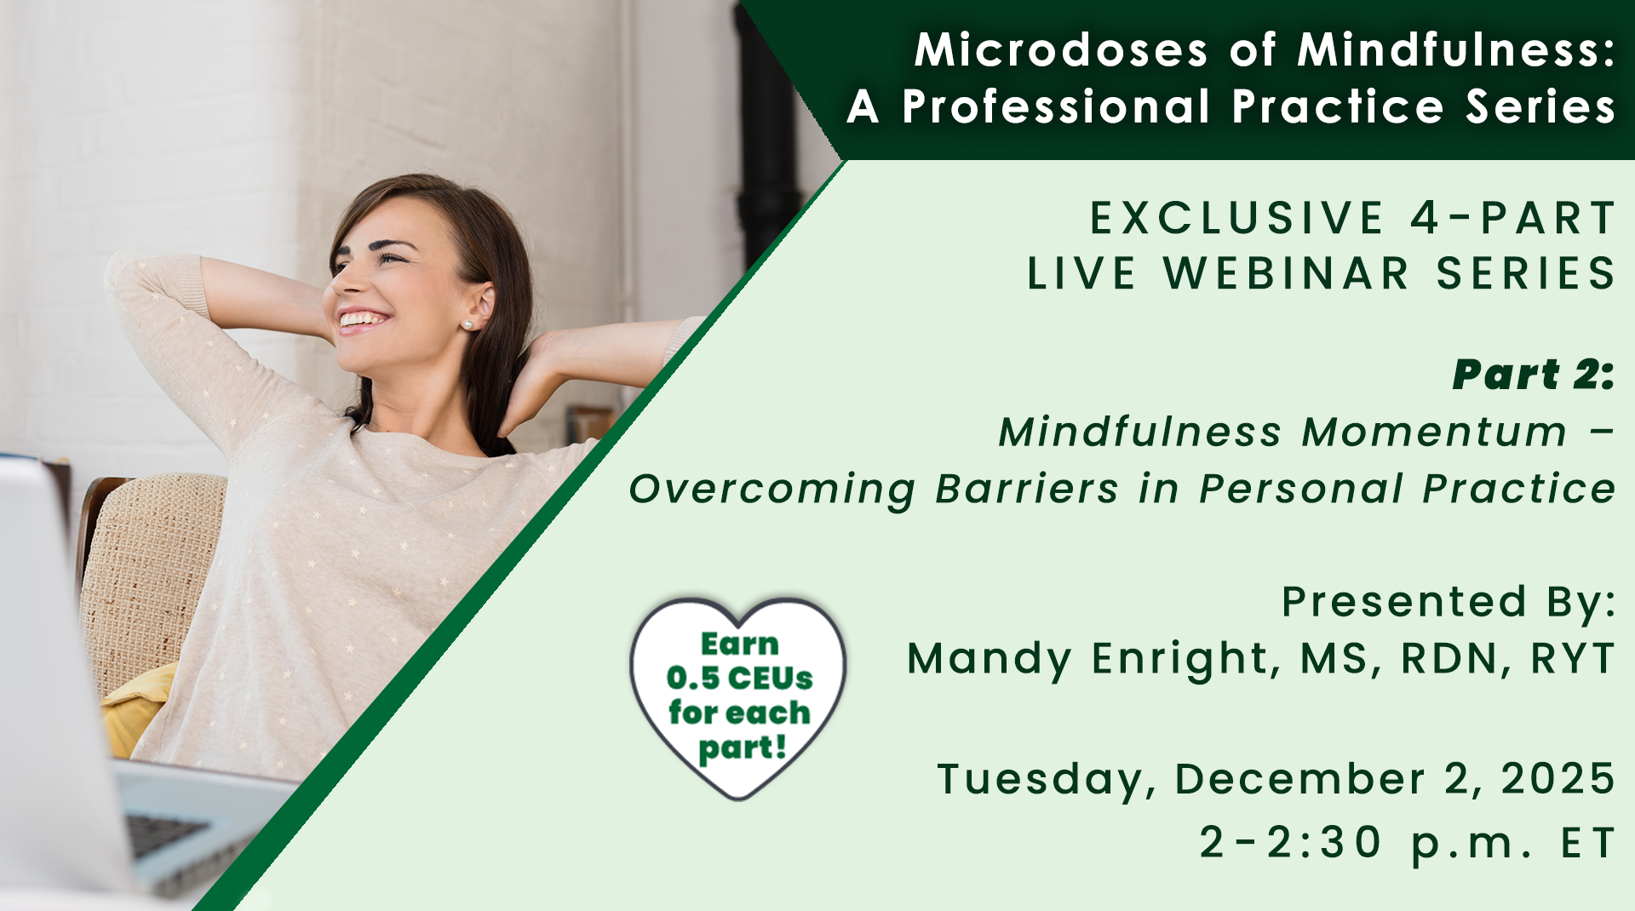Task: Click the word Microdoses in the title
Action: (x=1061, y=50)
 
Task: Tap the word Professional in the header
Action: (x=1056, y=107)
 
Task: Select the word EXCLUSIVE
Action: (x=1236, y=218)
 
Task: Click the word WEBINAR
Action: (x=1287, y=273)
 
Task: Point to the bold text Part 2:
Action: (x=1534, y=375)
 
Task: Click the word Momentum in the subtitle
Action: (x=1435, y=432)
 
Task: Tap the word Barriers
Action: (x=1027, y=489)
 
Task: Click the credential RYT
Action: (x=1573, y=658)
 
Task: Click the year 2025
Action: (x=1558, y=779)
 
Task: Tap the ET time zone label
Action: (x=1588, y=843)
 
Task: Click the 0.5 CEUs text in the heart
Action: (x=739, y=679)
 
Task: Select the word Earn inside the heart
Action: (x=739, y=645)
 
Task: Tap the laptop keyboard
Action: (x=166, y=834)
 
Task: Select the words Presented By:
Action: (x=1449, y=603)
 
